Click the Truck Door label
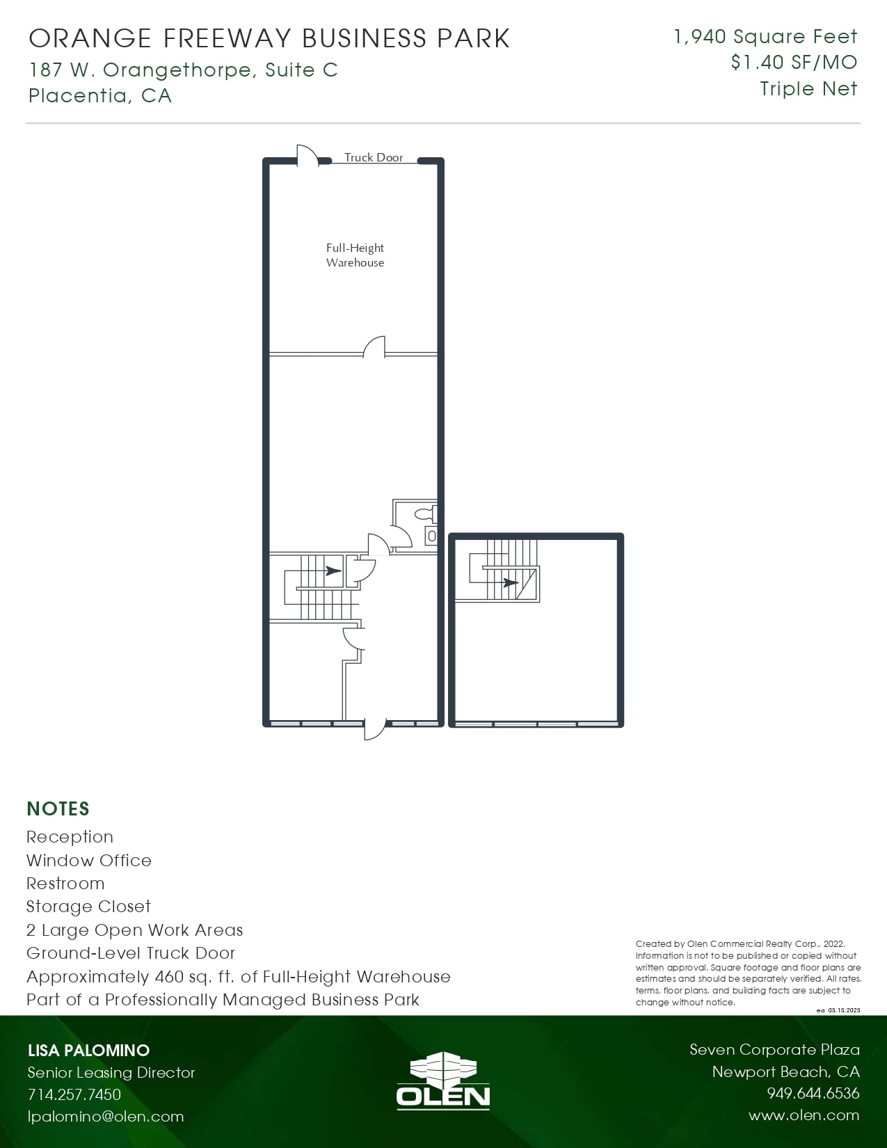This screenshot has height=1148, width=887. tap(374, 158)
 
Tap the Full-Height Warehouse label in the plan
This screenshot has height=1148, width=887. tap(355, 255)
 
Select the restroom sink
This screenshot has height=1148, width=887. tap(431, 536)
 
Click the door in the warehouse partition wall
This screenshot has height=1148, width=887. tap(374, 346)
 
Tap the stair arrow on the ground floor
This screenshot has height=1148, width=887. tap(333, 571)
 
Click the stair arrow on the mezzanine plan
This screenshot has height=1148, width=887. tap(509, 582)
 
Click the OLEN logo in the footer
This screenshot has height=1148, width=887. tap(443, 1081)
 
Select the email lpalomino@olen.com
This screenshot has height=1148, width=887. tap(106, 1117)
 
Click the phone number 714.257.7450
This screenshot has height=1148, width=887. tap(74, 1094)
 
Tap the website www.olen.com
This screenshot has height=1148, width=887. tap(804, 1116)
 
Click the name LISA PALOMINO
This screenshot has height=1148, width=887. tap(88, 1051)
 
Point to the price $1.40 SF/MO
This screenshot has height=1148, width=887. tap(794, 63)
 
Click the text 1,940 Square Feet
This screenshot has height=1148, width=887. tap(765, 37)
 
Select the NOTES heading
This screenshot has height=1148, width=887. tap(58, 809)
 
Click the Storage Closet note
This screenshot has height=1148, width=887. tap(88, 907)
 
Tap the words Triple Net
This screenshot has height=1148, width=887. tap(808, 89)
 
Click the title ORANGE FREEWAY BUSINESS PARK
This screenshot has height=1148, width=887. tap(269, 39)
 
